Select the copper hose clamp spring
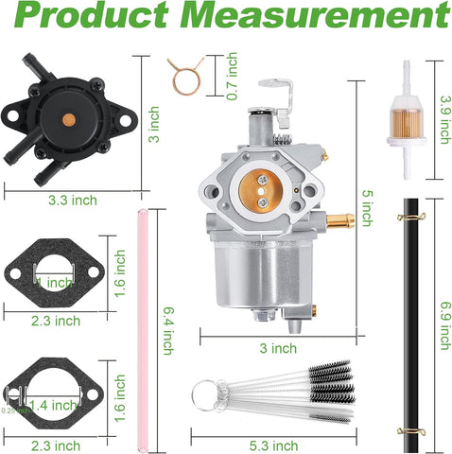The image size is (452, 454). click(184, 73)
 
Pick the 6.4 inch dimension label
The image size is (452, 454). click(168, 328)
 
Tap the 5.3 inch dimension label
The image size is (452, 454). click(275, 445)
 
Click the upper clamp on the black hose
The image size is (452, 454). click(410, 218)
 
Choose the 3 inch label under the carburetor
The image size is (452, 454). click(278, 348)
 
